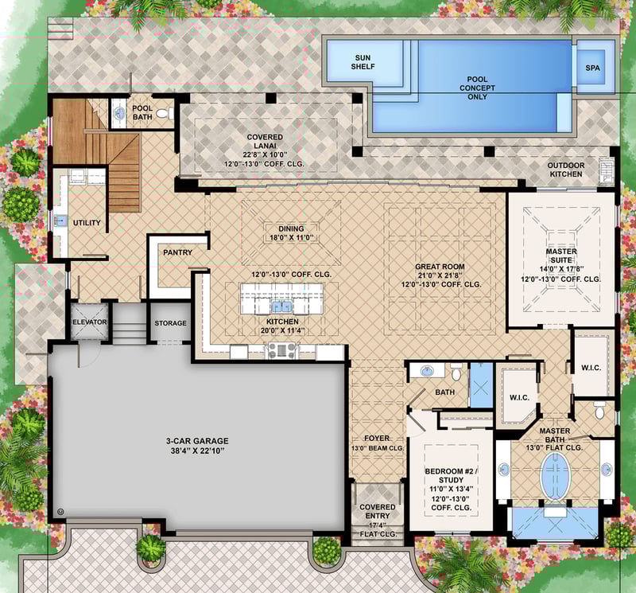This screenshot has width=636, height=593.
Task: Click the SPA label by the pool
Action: tap(592, 67)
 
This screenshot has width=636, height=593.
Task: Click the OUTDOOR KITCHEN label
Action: tap(565, 170)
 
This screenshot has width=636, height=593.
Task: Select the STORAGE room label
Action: tap(170, 323)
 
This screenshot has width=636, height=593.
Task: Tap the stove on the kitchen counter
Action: tap(281, 349)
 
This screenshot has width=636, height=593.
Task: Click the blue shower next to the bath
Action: tap(480, 384)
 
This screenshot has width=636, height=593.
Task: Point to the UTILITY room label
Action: tap(87, 223)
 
